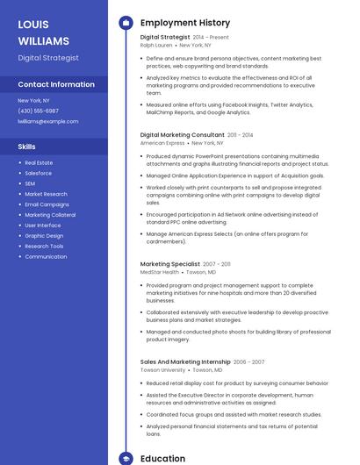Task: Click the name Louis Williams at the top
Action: tap(43, 32)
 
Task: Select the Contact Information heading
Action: tap(56, 85)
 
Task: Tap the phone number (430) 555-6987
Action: tap(38, 111)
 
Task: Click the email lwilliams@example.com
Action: tap(47, 121)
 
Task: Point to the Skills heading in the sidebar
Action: tap(27, 147)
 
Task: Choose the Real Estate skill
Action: tap(39, 162)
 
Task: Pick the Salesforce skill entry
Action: tap(38, 173)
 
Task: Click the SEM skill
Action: tap(30, 183)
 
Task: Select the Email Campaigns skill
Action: tap(47, 204)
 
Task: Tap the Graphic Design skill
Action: tap(44, 236)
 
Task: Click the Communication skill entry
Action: tap(46, 257)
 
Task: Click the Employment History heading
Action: tap(184, 23)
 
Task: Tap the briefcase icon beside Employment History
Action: tap(126, 23)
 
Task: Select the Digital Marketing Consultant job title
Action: tap(182, 135)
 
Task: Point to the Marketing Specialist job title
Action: tap(169, 263)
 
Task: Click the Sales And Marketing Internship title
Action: tap(184, 361)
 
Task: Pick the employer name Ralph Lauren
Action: tap(157, 45)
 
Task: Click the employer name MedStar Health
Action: tap(159, 272)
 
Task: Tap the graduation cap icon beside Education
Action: tap(126, 458)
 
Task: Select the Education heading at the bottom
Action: tap(162, 458)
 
